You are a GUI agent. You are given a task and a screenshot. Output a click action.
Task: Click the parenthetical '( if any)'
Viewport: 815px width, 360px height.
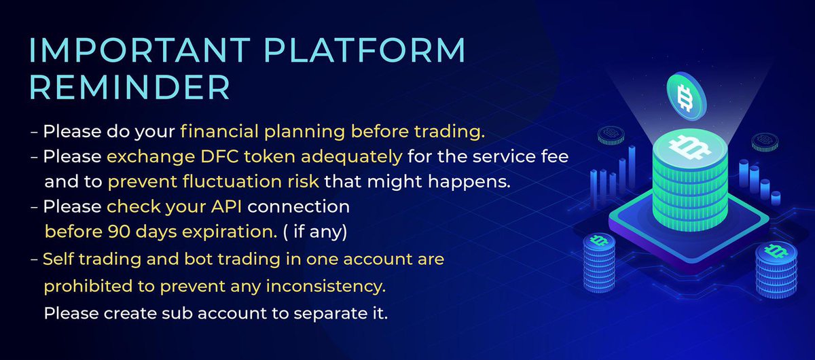tap(315, 232)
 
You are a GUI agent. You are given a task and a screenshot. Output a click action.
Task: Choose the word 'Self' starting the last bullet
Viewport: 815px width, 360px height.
tap(58, 259)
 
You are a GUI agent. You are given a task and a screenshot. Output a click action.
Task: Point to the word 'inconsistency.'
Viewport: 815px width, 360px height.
tap(330, 286)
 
